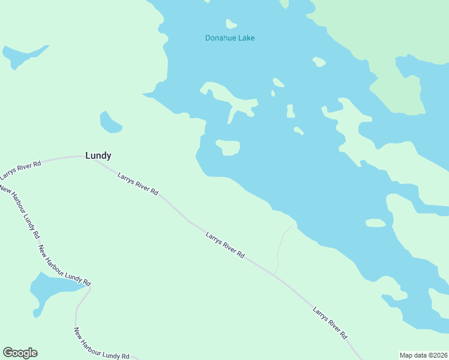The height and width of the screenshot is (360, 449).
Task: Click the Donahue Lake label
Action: click(230, 38)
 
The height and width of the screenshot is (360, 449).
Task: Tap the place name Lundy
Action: click(98, 155)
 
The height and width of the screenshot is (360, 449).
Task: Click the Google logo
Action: click(20, 353)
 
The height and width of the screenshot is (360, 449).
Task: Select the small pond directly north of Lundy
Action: click(110, 123)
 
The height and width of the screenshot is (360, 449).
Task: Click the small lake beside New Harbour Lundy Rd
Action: click(51, 289)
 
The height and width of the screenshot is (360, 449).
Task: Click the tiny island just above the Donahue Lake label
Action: click(231, 24)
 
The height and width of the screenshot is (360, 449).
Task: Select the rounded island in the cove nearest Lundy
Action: click(228, 147)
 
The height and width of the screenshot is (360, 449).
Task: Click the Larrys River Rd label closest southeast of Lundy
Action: click(138, 185)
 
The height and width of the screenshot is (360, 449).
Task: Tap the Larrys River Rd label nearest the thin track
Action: click(224, 245)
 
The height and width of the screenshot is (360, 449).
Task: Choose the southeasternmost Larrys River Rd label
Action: click(330, 323)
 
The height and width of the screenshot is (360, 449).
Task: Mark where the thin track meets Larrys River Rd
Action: click(275, 275)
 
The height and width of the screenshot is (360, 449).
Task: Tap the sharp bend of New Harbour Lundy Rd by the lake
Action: click(90, 287)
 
